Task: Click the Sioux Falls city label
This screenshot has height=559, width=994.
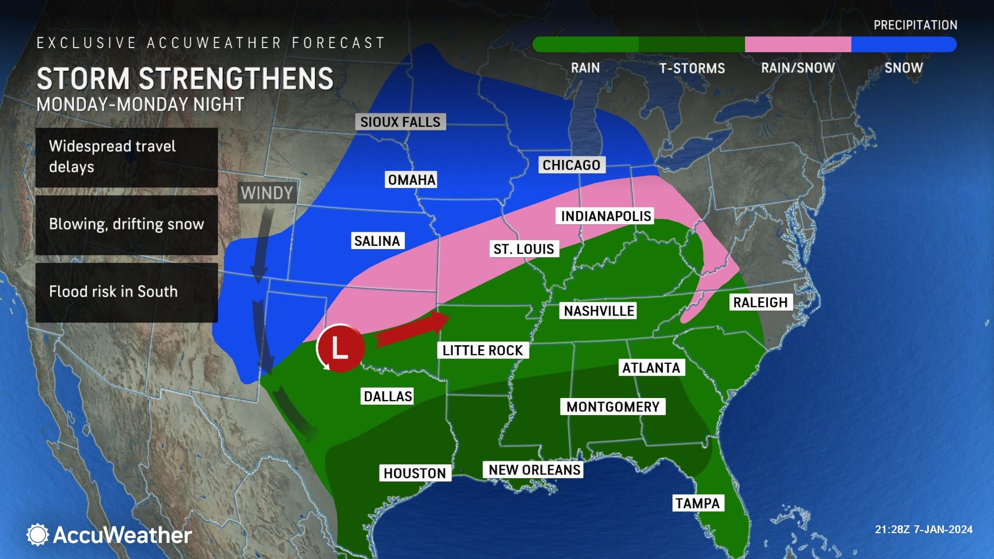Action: coord(400,122)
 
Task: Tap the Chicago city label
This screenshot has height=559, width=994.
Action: coord(571,165)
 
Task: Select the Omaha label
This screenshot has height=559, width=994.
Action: coord(412,180)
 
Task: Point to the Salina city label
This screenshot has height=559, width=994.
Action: coord(377,241)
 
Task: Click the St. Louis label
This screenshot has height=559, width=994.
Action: coord(523,249)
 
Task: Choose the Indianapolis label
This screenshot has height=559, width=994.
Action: coord(606,216)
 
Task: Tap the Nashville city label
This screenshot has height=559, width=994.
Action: coord(598,311)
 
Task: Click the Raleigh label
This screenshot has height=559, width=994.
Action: coord(760,302)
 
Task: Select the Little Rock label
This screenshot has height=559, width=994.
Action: coord(483,350)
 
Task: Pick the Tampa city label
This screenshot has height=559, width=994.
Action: coord(697,503)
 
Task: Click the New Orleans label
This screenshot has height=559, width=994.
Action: coord(534,469)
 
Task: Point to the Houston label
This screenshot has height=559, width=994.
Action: coord(414,473)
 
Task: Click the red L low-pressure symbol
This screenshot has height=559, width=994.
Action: coord(340,348)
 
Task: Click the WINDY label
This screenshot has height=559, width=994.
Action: coord(267,193)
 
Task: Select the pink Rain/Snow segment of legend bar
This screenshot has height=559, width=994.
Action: coord(797,45)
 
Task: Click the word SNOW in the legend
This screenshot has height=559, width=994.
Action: coord(903,68)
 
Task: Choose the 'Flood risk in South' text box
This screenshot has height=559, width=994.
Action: coord(126,292)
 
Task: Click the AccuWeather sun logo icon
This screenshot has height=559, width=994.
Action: coord(37,535)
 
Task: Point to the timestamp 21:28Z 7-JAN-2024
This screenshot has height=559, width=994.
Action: coord(924,529)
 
